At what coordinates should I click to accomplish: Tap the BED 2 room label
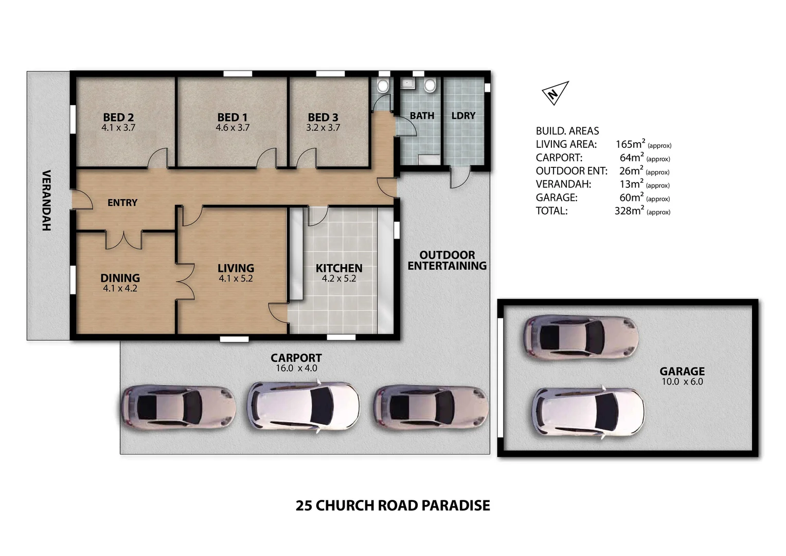point(118,117)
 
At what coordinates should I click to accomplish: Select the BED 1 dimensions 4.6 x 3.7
point(233,128)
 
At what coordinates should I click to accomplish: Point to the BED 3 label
point(323,117)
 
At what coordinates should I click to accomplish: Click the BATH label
point(422,115)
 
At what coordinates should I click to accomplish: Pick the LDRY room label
point(463,115)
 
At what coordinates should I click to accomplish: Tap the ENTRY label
point(122,203)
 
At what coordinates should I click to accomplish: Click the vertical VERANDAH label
point(47,200)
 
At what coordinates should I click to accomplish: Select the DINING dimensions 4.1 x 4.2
point(120,288)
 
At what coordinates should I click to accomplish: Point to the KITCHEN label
point(339,268)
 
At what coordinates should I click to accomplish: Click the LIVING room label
point(236,268)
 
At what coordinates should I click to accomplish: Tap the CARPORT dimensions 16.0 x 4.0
point(296,368)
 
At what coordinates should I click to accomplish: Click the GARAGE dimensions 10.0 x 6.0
point(682,381)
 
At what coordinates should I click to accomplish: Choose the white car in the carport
point(303,406)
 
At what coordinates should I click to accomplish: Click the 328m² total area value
point(629,211)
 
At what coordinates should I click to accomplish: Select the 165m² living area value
point(630,144)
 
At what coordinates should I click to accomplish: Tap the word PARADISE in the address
point(456,506)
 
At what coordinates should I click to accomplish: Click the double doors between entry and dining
point(124,240)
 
